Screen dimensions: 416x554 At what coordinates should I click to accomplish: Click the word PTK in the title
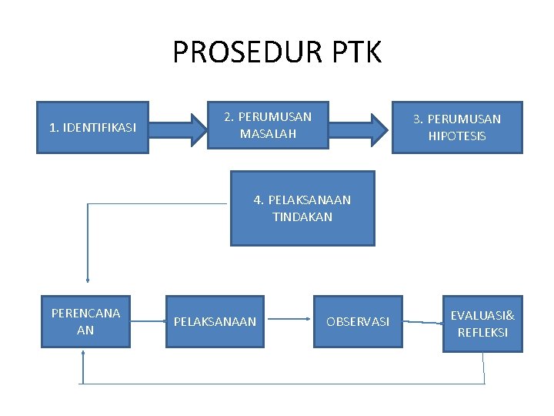(x=356, y=52)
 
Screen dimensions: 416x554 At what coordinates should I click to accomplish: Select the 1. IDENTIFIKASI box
(x=92, y=127)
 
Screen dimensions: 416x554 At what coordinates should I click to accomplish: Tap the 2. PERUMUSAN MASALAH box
(x=268, y=125)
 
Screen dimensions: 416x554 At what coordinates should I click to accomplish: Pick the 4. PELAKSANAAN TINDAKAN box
(x=302, y=208)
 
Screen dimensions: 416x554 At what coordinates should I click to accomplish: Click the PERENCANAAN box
(x=85, y=321)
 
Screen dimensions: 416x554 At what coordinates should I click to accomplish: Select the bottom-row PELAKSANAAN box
(x=215, y=321)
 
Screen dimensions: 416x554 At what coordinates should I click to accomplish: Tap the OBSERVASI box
(x=357, y=321)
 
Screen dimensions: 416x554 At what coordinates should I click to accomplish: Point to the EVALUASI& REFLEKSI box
(x=482, y=324)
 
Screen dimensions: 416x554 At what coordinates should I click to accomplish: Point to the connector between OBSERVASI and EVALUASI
(x=422, y=321)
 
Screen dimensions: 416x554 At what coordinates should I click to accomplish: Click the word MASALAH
(x=268, y=134)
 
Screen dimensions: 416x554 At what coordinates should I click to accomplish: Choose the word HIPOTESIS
(x=457, y=136)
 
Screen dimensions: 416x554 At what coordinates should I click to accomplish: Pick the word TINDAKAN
(x=302, y=217)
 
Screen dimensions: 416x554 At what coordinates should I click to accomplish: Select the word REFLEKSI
(x=482, y=333)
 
